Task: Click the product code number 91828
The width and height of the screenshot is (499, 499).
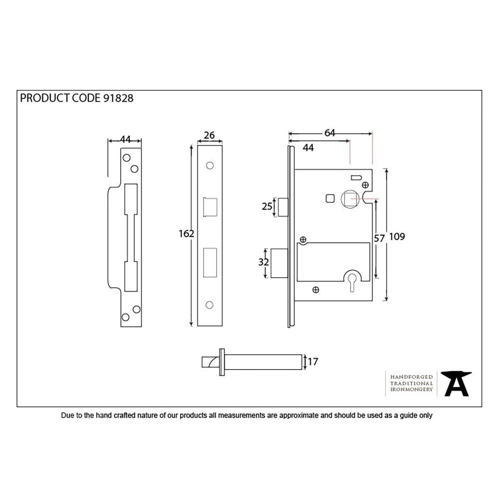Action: click(118, 98)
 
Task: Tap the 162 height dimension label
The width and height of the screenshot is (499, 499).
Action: click(187, 233)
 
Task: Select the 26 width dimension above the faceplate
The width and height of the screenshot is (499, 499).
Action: click(210, 135)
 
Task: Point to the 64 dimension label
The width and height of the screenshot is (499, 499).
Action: click(330, 133)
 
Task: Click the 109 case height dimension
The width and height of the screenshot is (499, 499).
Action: click(397, 237)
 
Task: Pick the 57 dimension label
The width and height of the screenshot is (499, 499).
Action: click(380, 239)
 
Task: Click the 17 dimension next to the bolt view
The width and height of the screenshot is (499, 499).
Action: click(313, 362)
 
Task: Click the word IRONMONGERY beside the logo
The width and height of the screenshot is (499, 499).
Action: click(411, 390)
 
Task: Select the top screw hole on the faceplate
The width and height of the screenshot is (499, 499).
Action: click(210, 165)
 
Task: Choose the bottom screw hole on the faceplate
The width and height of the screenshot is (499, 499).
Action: click(210, 305)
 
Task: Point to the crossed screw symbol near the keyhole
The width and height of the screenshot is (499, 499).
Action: click(315, 289)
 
